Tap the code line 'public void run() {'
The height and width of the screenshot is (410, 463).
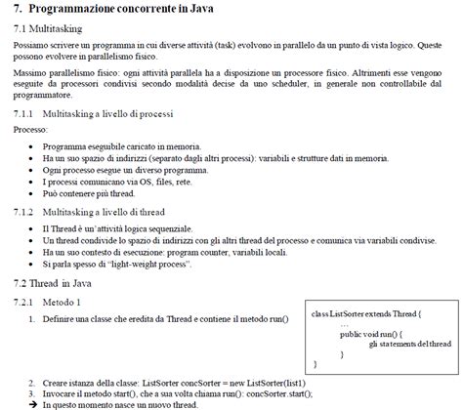click(372, 334)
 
